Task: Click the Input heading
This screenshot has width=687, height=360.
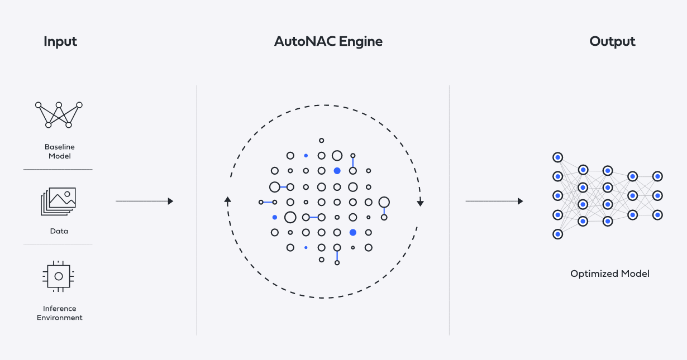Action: [x=60, y=42]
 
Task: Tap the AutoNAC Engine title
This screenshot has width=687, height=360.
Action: [x=328, y=42]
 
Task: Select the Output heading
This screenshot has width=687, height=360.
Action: [x=612, y=42]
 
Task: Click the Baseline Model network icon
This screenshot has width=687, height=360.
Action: [x=59, y=114]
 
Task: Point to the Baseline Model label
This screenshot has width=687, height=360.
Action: [x=60, y=151]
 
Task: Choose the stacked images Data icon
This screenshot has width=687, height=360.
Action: [x=58, y=201]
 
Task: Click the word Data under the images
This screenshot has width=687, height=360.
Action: [x=59, y=231]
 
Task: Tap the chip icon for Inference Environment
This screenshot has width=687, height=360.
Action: [x=59, y=276]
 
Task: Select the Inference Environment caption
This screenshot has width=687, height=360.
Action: [x=60, y=313]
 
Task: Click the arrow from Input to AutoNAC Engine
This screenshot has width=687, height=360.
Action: [x=145, y=201]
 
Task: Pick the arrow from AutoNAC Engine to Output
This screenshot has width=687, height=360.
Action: [x=494, y=201]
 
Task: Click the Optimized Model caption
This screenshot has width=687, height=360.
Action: [x=610, y=274]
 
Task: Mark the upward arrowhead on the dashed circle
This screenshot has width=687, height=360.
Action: [x=227, y=200]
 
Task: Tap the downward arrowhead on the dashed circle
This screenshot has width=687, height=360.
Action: [x=421, y=203]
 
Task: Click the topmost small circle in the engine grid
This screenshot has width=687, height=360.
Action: [x=321, y=141]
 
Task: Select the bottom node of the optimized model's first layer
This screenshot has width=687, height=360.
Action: [x=557, y=234]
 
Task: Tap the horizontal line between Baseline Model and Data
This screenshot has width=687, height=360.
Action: [x=58, y=169]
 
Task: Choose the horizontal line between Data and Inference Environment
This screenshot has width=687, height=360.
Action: [x=58, y=244]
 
